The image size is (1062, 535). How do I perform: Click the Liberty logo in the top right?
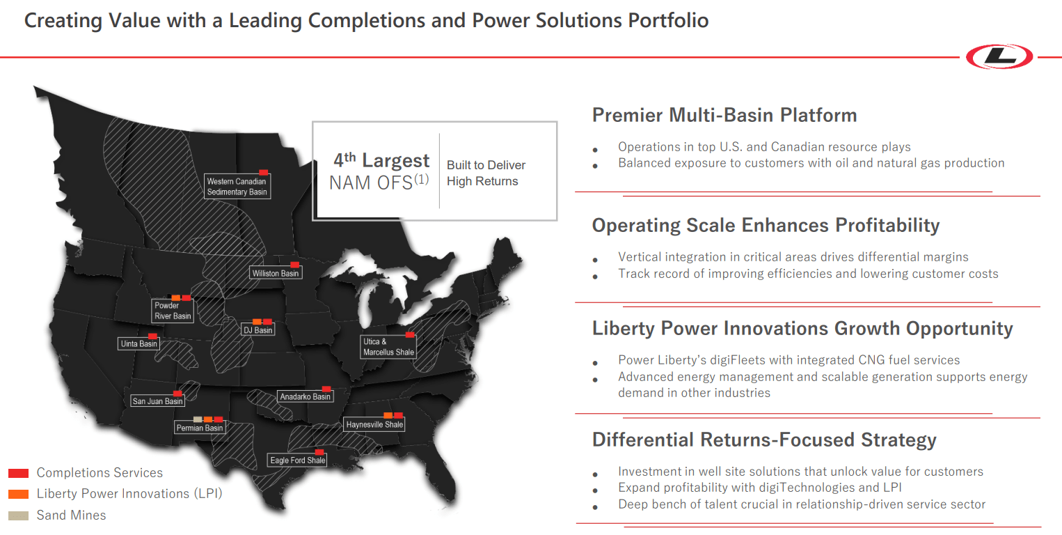point(1000,56)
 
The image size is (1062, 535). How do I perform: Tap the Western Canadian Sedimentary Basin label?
point(237,187)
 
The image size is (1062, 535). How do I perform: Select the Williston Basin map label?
point(276,273)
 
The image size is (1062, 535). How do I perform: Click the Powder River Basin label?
point(172,311)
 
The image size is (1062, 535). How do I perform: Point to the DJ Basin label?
point(257,330)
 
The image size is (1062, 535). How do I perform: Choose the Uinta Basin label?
point(138,343)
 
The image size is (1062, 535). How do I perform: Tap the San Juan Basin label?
point(157,401)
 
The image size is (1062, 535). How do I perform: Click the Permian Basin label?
point(200,428)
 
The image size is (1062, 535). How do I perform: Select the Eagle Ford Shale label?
point(297,460)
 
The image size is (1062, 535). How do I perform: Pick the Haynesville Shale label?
point(374,424)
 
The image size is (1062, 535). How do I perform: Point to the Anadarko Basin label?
point(305,396)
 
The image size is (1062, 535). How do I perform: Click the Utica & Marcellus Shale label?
point(388,347)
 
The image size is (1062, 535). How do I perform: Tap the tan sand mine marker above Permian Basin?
point(198,419)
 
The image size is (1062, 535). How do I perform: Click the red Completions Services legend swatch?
point(18,473)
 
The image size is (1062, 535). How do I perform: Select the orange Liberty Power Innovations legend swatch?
point(18,494)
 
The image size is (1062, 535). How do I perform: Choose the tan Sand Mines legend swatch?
point(18,515)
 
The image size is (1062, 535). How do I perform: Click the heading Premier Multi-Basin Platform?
point(724,115)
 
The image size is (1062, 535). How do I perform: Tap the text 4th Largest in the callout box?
point(381,160)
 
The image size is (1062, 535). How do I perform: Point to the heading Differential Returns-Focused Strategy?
point(763,440)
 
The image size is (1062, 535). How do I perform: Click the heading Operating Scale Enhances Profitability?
point(766,225)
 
